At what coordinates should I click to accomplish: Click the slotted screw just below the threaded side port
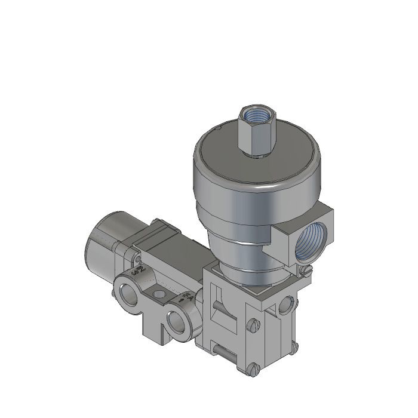(306, 271)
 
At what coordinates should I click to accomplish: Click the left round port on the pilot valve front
(127, 292)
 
